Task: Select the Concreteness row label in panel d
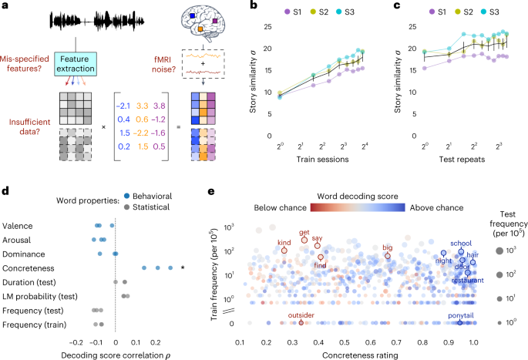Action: coord(27,268)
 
